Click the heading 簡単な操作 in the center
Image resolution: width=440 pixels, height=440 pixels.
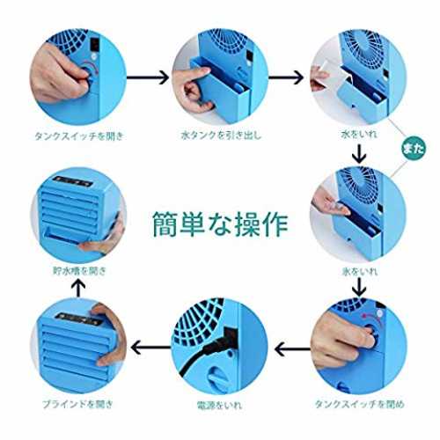click(x=221, y=224)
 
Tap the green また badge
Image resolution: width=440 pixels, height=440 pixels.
click(x=413, y=149)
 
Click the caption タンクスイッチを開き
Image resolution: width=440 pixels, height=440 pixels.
click(x=79, y=136)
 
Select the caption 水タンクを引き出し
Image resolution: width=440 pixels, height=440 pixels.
click(x=221, y=135)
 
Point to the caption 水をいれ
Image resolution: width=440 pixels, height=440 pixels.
click(x=359, y=135)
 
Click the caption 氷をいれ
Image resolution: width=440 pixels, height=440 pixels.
click(x=360, y=271)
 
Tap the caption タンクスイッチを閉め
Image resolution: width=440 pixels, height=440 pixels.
click(x=360, y=404)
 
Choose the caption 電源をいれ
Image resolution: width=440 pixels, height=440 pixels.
click(x=219, y=405)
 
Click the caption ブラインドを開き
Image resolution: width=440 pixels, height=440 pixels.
click(x=77, y=404)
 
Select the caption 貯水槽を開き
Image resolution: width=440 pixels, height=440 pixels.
click(x=79, y=270)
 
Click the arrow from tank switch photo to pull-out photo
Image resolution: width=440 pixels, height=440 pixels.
click(x=148, y=77)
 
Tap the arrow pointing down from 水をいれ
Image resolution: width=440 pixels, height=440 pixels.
click(x=359, y=153)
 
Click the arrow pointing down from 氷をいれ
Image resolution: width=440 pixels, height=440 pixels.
click(x=359, y=287)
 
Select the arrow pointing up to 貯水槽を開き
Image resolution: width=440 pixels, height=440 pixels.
click(x=78, y=288)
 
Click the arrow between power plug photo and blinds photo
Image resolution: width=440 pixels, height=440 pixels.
click(x=151, y=348)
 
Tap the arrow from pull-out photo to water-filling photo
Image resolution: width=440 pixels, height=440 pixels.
click(x=286, y=77)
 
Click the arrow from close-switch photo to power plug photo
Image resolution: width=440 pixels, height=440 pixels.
click(x=292, y=348)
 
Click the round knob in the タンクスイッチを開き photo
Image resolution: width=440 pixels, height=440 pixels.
click(x=88, y=74)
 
